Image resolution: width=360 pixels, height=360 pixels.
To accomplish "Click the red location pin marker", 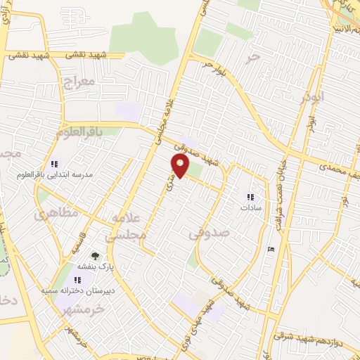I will (181, 167).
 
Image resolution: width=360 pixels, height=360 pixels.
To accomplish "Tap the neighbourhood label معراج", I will (77, 83).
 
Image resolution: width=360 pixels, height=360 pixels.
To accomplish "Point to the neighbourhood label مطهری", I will (51, 214).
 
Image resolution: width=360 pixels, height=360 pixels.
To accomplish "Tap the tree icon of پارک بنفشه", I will (95, 256).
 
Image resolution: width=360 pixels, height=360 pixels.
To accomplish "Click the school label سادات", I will (250, 207).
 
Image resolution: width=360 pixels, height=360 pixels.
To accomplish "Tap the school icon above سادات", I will (250, 198).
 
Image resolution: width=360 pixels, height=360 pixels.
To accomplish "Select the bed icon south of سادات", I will (271, 249).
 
